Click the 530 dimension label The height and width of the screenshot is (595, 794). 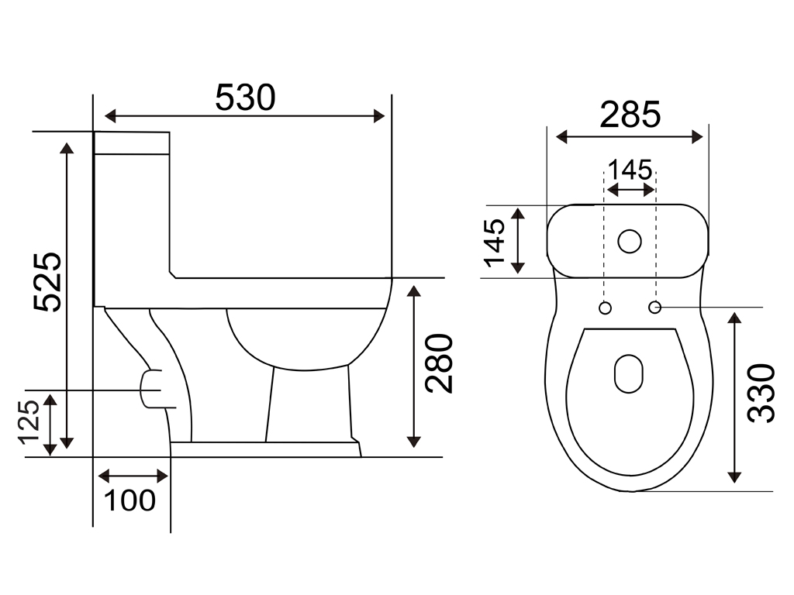[x=246, y=97]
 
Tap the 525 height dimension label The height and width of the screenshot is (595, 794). [x=47, y=281]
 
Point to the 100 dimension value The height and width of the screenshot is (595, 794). [x=129, y=500]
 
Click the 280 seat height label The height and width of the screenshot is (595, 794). [x=439, y=363]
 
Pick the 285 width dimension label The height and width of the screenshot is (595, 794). [x=630, y=115]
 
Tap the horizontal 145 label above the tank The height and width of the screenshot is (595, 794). [x=630, y=170]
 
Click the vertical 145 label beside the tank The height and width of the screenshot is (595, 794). [x=494, y=242]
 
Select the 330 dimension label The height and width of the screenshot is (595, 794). [x=761, y=393]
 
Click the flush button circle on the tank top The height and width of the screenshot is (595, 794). [x=630, y=241]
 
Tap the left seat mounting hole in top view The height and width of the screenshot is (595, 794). [x=605, y=308]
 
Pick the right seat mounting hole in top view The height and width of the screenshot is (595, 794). [x=654, y=307]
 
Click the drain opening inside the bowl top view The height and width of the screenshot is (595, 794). [x=628, y=373]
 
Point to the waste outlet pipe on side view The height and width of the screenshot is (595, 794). [x=151, y=389]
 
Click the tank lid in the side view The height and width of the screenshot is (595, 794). [x=132, y=143]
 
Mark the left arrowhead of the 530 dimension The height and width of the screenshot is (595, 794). [x=110, y=116]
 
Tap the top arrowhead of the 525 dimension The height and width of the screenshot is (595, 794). [x=67, y=148]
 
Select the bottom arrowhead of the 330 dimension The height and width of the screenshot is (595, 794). [x=734, y=477]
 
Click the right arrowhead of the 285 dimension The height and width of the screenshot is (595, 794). [x=697, y=136]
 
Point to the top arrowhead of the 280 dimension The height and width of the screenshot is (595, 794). [x=414, y=291]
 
